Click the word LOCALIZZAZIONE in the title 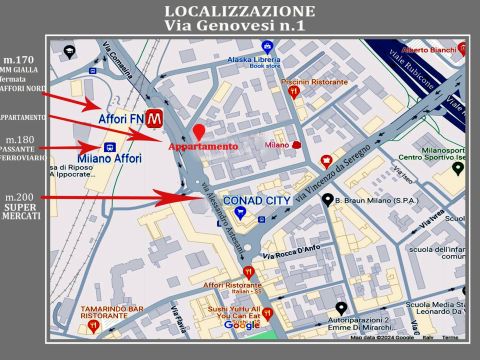click(x=239, y=12)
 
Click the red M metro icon click(x=154, y=119)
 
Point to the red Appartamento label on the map click(x=203, y=147)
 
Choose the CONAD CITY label click(x=255, y=200)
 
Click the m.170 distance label click(x=25, y=61)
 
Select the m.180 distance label click(x=23, y=140)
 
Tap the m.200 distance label click(x=21, y=197)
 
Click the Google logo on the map click(x=241, y=325)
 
